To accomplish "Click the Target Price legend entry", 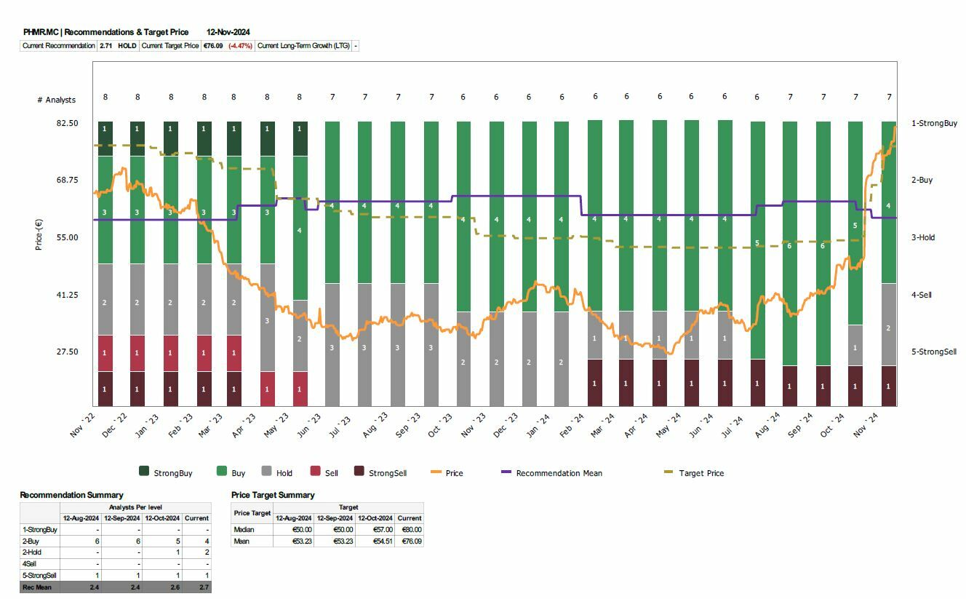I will coord(701,473).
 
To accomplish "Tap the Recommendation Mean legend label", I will coord(559,473).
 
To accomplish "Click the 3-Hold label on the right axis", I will coord(923,237).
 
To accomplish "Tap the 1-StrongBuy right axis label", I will coord(934,123).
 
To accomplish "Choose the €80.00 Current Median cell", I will coord(410,530).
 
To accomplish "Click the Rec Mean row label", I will coord(37,587).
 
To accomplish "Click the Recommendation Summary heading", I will coord(71,495).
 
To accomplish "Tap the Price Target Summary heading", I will coord(273,495).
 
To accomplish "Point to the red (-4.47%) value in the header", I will coord(240,46).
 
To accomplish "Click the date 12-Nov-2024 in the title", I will coord(228,32).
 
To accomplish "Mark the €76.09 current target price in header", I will coord(213,46).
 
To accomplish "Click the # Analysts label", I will coord(56,100).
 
